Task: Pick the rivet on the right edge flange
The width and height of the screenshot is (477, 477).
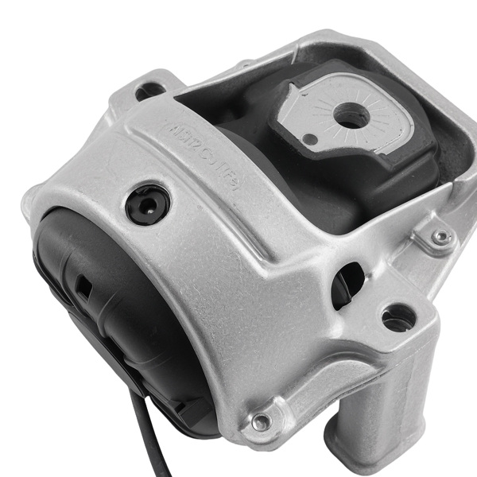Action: tap(440, 236)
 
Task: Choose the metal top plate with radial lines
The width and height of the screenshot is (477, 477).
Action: tap(350, 119)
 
